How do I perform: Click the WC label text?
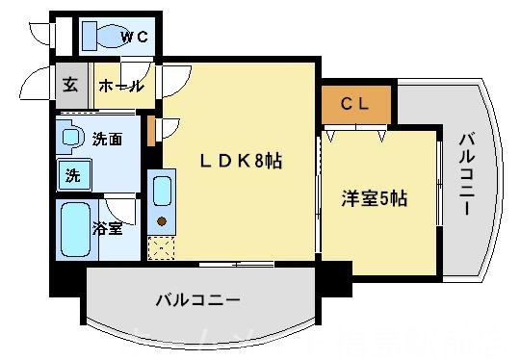coord(133,38)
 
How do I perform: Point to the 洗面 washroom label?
coord(106,140)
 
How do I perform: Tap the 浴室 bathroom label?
coord(107,228)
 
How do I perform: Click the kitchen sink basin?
coord(162,191)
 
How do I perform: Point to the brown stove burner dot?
coord(162,223)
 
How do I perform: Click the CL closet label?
coord(355,103)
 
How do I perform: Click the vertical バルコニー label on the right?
coord(466,174)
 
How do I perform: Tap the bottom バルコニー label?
coord(196,300)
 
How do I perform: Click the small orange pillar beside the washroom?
coord(150,130)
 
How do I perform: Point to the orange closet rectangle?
coord(355,103)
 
